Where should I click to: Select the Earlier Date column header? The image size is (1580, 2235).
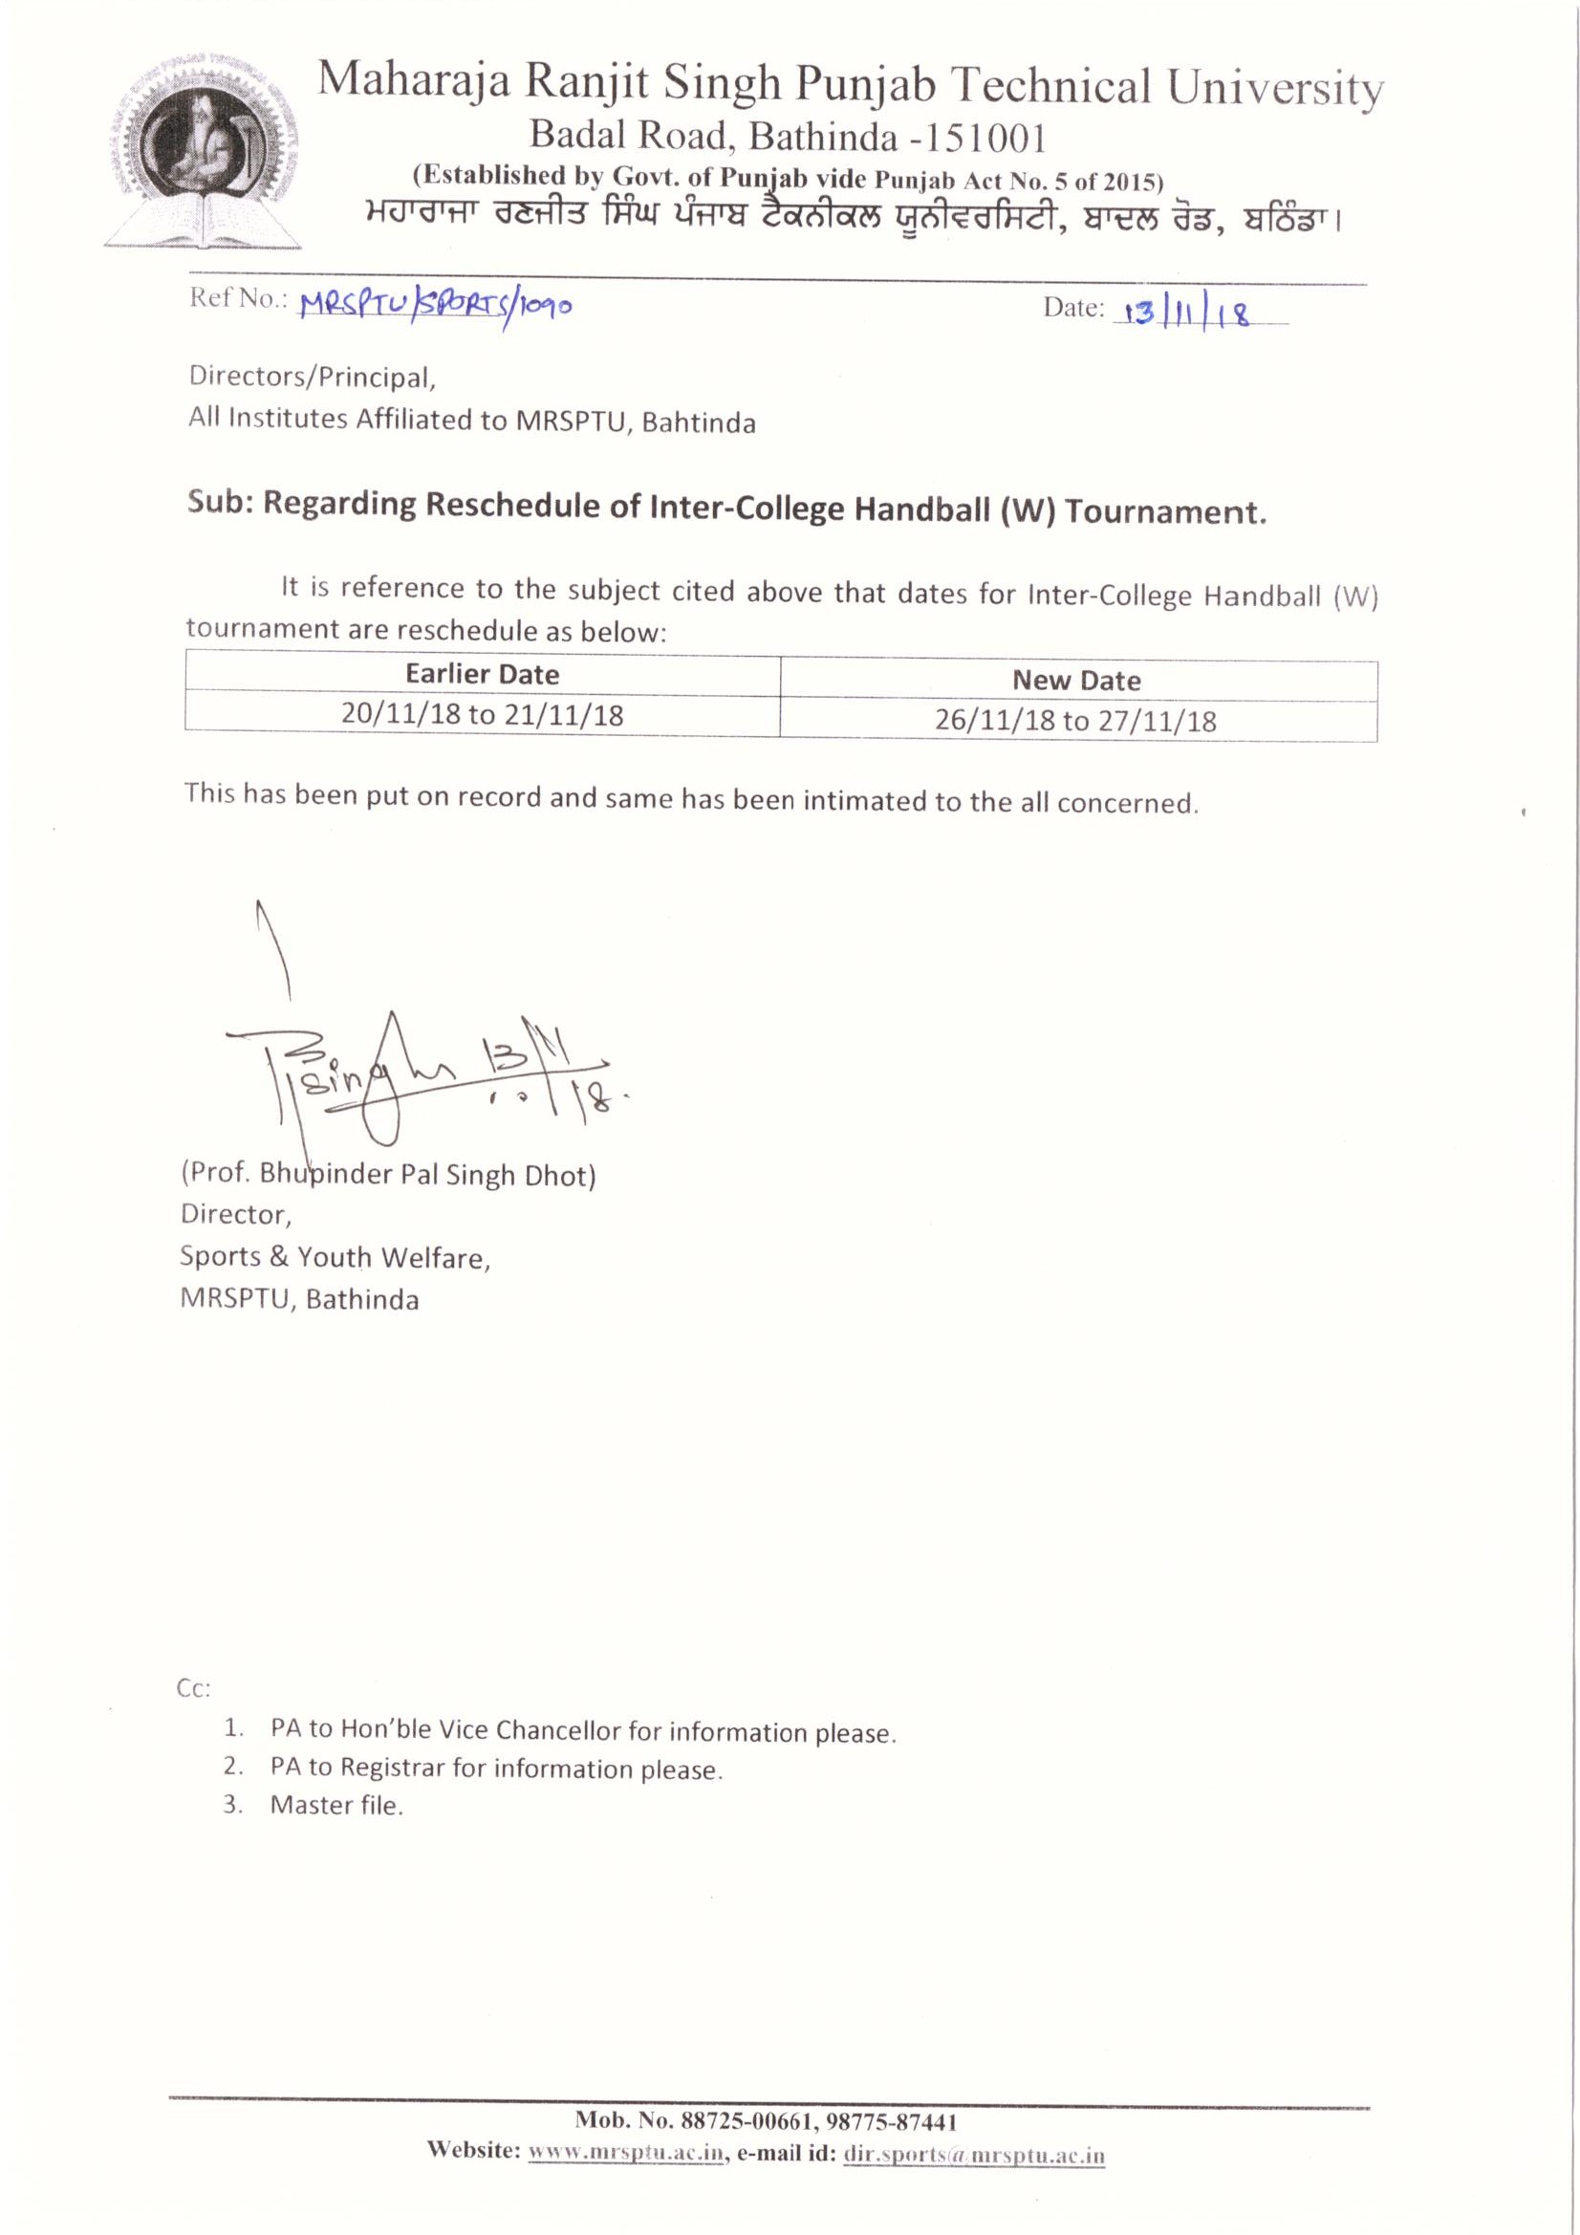(x=482, y=674)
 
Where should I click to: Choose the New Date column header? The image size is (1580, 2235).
(x=1075, y=681)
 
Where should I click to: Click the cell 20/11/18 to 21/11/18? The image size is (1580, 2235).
(x=482, y=715)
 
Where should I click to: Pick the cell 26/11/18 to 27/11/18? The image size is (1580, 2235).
(x=1075, y=722)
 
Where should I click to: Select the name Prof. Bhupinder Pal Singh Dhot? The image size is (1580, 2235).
(x=388, y=1175)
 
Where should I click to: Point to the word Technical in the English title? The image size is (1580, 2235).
(x=1052, y=87)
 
